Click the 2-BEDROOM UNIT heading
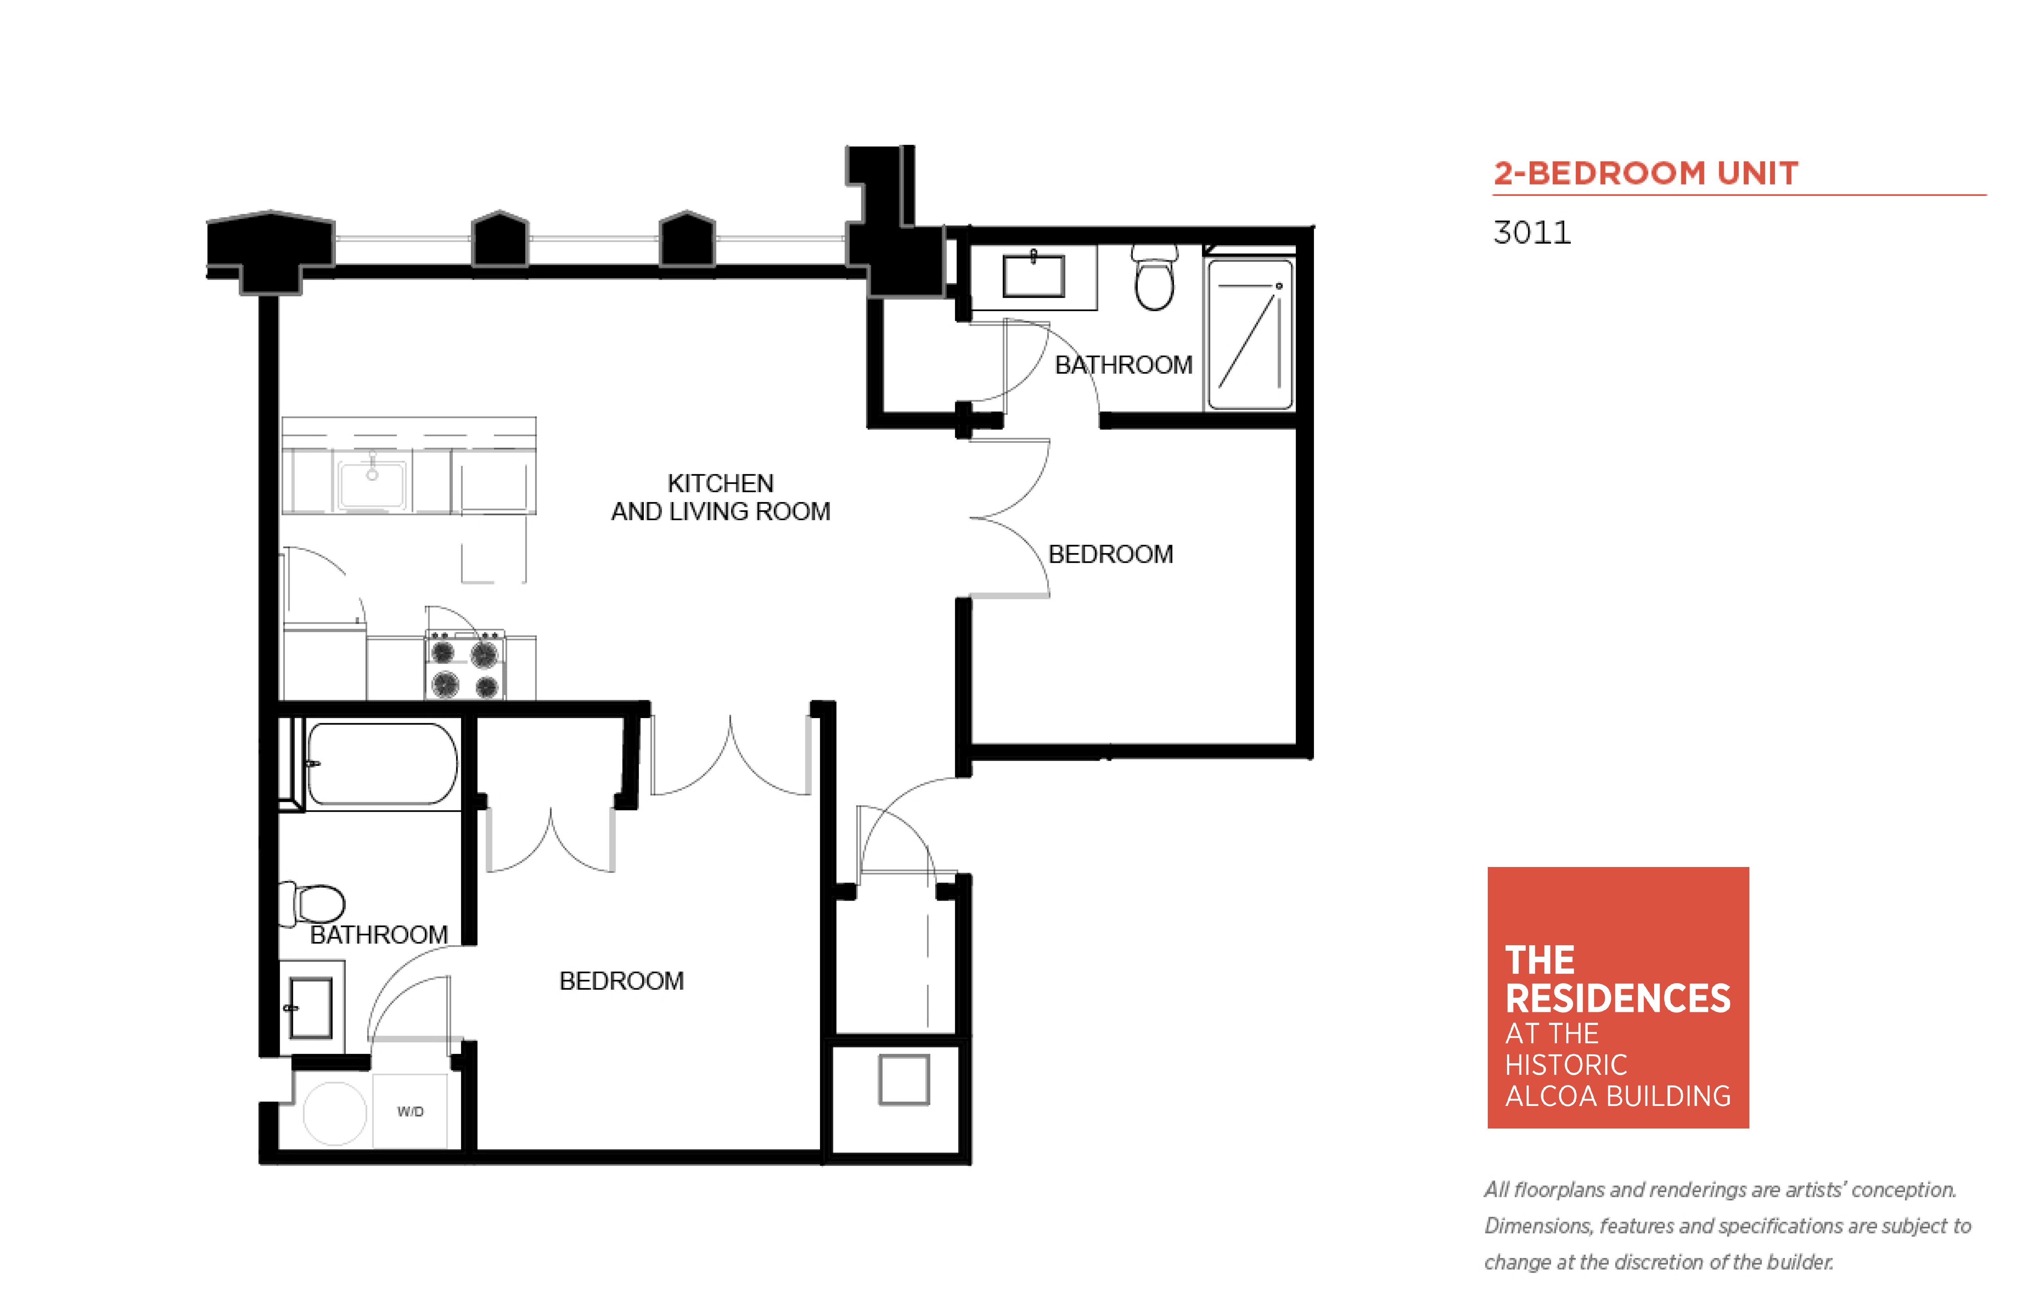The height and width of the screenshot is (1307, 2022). (1645, 173)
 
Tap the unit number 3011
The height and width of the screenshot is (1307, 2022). (1532, 233)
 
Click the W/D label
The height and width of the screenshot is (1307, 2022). (410, 1111)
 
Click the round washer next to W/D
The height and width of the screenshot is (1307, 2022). (335, 1113)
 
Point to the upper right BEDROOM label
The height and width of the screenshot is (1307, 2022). (1110, 554)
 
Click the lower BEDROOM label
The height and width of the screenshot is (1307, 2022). (621, 981)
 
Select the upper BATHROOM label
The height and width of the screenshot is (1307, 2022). (1123, 365)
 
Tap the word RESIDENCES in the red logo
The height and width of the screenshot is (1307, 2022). (1617, 998)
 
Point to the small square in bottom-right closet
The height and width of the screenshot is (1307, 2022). (904, 1079)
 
